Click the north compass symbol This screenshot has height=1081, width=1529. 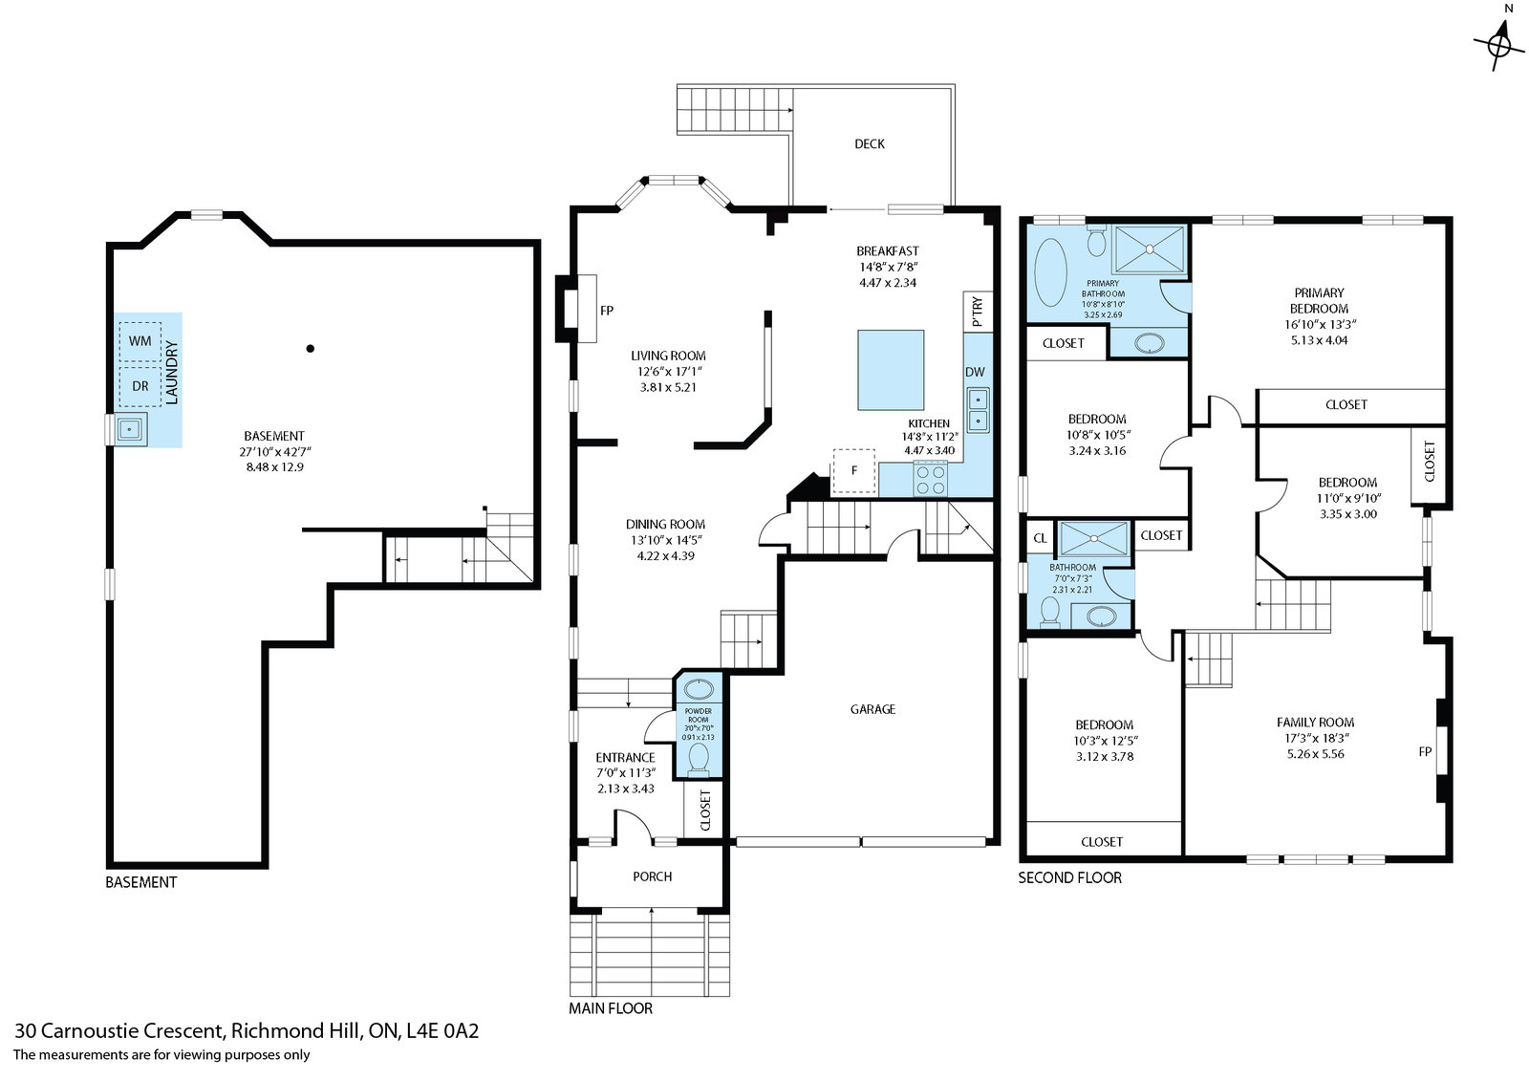coord(1499,42)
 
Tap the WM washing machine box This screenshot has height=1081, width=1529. coord(140,341)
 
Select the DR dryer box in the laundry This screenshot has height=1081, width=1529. coord(140,386)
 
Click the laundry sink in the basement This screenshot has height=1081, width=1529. coord(130,429)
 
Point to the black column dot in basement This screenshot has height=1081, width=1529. coord(310,348)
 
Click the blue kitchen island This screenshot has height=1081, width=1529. coord(891,370)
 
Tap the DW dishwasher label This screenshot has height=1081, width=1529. coord(975,372)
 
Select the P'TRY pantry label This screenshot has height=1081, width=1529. coord(978,312)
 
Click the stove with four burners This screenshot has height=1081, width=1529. coord(931,479)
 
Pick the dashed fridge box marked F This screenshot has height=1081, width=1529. coord(853,470)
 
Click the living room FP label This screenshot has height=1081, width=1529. coord(607,311)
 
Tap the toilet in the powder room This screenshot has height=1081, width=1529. coord(699,759)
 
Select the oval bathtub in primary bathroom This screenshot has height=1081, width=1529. coord(1050,271)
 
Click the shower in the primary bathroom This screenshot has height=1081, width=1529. coord(1150,249)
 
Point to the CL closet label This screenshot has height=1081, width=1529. coord(1040,538)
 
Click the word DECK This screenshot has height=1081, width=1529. coord(870,144)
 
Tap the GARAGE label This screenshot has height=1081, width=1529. coord(873,709)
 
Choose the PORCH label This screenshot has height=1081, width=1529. coord(653,876)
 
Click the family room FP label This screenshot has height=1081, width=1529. coord(1425,752)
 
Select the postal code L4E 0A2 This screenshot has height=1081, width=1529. coord(442,1030)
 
